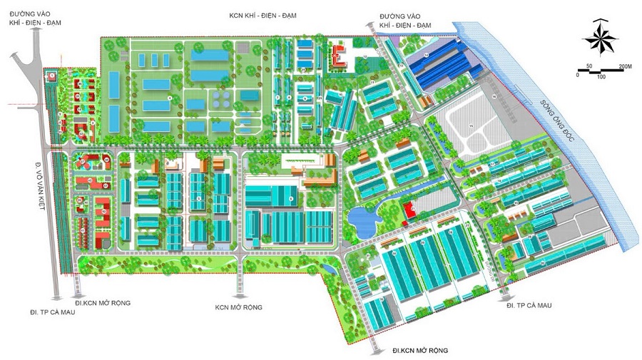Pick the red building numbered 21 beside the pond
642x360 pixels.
[x=411, y=210]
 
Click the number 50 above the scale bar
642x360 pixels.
[x=589, y=66]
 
